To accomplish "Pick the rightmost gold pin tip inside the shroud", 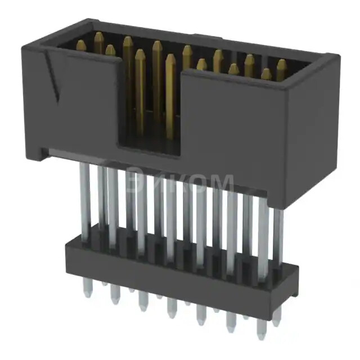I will [x=281, y=65].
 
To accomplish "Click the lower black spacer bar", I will [x=169, y=264].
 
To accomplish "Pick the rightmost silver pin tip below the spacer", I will [x=276, y=321].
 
